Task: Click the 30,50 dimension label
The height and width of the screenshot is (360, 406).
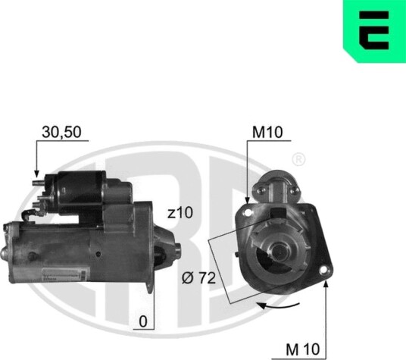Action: [61, 132]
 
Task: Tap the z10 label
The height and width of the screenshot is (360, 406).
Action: [180, 213]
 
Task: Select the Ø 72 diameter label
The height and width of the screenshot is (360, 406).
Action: [198, 278]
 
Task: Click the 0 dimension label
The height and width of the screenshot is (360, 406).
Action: [143, 321]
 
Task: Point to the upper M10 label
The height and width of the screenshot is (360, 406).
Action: [267, 132]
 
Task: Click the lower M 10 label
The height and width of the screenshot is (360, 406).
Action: [303, 349]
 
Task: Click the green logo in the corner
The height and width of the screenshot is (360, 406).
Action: [374, 31]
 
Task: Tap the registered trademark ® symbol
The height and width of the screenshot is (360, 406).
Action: [298, 160]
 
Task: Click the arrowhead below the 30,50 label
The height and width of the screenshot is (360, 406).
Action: [36, 174]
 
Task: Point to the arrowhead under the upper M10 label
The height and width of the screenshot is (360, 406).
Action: [247, 199]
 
